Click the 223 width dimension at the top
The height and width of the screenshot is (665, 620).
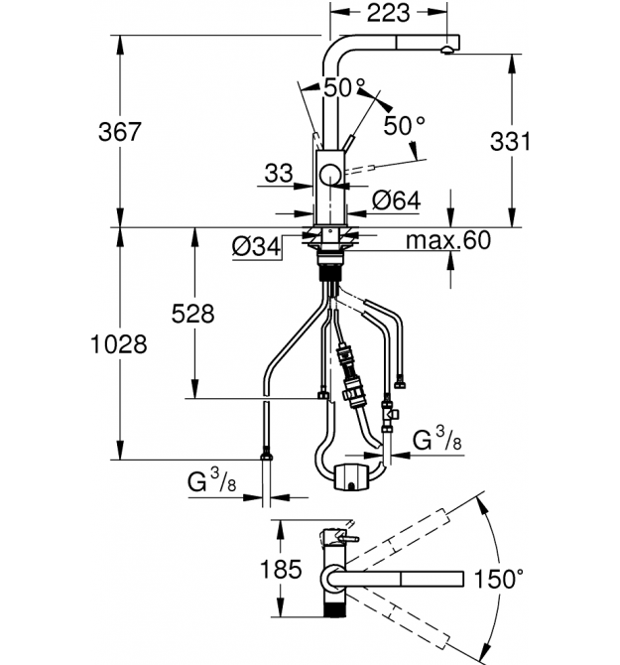tap(388, 13)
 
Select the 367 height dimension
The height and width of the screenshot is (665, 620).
tap(119, 131)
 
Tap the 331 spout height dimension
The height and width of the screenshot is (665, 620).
tap(510, 141)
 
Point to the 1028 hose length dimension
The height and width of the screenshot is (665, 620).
tap(119, 344)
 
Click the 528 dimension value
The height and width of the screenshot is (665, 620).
tap(192, 315)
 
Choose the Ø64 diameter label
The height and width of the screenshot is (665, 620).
tap(397, 200)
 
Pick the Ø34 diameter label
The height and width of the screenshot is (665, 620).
tap(256, 246)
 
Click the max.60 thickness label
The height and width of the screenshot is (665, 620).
tap(448, 240)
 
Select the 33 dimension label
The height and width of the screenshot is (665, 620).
tap(279, 174)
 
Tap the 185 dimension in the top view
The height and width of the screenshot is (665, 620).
tap(281, 569)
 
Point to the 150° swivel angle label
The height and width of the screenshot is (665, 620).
tap(498, 579)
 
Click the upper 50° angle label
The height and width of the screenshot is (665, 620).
tap(344, 87)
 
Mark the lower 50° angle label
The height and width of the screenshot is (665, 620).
tap(404, 125)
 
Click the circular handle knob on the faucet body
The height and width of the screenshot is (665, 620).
tap(329, 175)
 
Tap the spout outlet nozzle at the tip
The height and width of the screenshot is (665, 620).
tap(447, 50)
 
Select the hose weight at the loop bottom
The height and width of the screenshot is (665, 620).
tap(352, 477)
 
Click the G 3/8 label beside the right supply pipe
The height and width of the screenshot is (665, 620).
tap(436, 440)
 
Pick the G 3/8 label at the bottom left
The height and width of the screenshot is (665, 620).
tap(212, 481)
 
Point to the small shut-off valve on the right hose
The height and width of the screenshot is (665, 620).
tap(389, 414)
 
